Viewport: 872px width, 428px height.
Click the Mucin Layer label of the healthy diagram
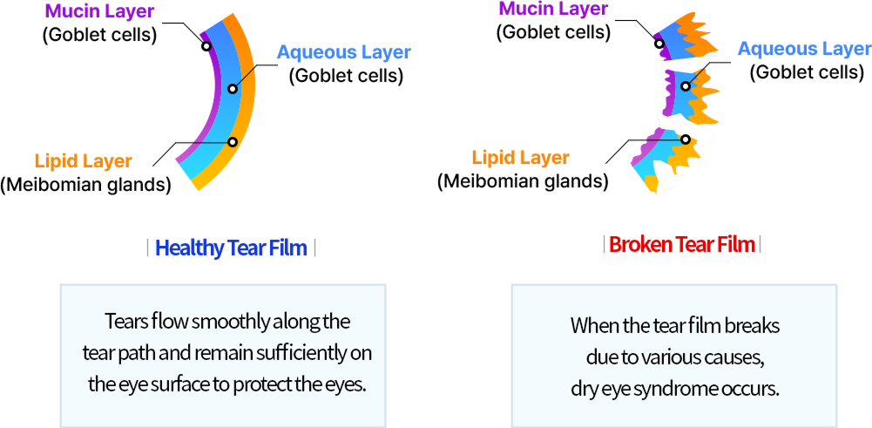98,11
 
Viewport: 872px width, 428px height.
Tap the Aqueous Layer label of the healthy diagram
343,52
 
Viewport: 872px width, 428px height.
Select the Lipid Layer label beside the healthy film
84,161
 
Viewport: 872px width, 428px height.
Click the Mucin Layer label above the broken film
553,9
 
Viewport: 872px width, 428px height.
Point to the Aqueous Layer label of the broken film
804,49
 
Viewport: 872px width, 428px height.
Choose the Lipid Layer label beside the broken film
520,158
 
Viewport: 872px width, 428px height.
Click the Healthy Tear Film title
231,248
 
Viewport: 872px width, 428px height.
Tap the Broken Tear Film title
682,244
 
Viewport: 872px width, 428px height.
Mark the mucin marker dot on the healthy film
206,45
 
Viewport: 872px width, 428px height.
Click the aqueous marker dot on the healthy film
233,89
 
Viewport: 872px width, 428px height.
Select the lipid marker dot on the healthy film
233,142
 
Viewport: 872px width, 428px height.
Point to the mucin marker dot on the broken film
659,44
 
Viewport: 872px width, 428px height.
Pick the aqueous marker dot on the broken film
686,86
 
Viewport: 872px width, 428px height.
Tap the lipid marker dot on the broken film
686,139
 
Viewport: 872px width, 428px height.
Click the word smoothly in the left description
231,322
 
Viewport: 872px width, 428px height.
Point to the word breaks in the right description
753,326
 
